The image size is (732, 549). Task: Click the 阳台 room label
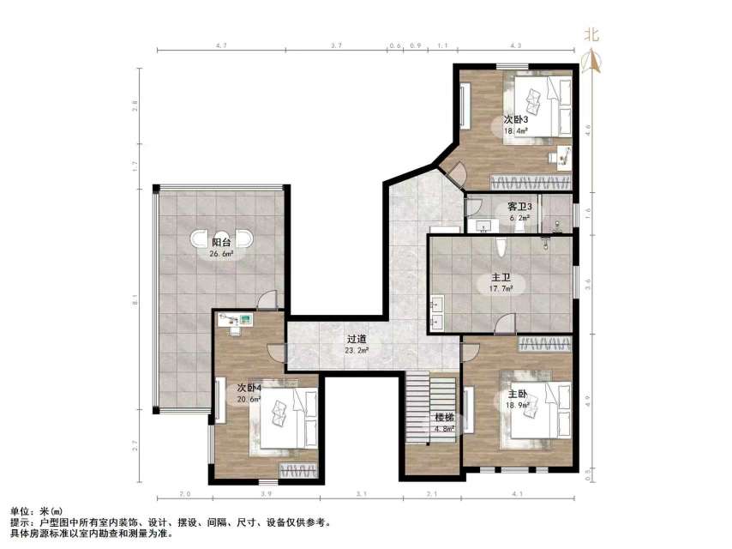pos(220,242)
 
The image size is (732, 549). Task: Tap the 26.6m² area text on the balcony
pos(221,254)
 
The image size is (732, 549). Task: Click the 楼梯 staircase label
pos(443,418)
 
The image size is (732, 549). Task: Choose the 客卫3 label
pos(519,207)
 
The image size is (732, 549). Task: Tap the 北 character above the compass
pos(591,35)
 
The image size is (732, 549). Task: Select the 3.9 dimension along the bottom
pos(266,494)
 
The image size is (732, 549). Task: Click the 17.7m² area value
pos(501,289)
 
